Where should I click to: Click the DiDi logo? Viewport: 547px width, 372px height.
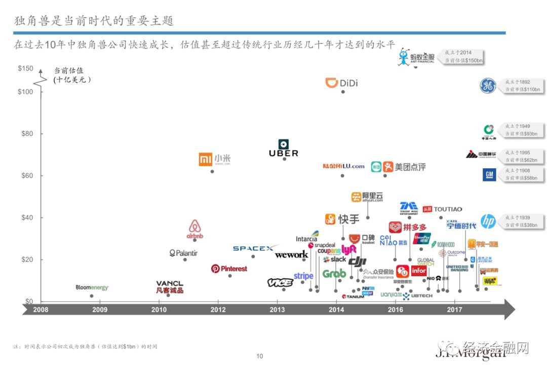341,83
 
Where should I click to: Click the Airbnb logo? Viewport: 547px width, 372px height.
194,230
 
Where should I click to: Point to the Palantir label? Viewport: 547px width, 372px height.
183,253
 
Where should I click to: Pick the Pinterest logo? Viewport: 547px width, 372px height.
229,269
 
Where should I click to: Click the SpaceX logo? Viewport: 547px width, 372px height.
253,248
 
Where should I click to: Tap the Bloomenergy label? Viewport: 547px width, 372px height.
92,287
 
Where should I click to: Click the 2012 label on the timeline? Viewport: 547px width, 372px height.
218,310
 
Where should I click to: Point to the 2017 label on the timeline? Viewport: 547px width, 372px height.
454,310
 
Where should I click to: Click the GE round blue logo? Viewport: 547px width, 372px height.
488,86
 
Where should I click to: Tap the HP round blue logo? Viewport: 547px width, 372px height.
488,221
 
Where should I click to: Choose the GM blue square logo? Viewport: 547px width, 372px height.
489,175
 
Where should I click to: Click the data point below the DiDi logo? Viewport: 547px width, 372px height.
343,92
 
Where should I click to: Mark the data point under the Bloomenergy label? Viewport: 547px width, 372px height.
92,296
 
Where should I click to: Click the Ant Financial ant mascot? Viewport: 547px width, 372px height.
403,57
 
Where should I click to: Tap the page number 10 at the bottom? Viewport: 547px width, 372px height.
260,356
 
